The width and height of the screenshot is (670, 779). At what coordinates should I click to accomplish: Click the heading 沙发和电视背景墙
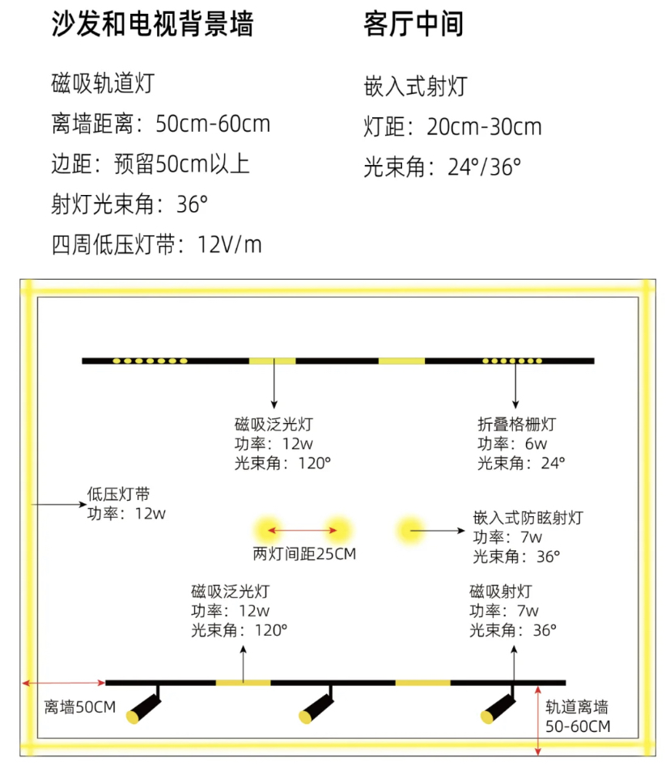pyautogui.click(x=152, y=23)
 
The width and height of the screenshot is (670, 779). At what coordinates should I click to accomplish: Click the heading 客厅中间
pyautogui.click(x=413, y=23)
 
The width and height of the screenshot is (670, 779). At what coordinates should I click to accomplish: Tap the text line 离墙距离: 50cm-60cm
pyautogui.click(x=160, y=124)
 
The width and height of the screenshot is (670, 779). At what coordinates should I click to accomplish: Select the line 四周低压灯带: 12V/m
pyautogui.click(x=156, y=244)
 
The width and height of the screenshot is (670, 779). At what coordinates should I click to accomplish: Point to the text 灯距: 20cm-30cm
pyautogui.click(x=452, y=127)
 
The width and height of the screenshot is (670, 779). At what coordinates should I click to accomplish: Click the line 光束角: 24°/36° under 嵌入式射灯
pyautogui.click(x=443, y=167)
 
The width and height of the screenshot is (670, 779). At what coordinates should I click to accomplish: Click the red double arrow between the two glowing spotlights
pyautogui.click(x=303, y=530)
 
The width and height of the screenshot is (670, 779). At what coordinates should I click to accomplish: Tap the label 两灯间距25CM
pyautogui.click(x=304, y=553)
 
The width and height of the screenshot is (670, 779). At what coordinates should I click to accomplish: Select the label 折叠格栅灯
pyautogui.click(x=516, y=424)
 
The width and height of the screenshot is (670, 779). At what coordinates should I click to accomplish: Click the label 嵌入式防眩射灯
pyautogui.click(x=528, y=518)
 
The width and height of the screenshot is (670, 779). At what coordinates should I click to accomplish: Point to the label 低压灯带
pyautogui.click(x=118, y=493)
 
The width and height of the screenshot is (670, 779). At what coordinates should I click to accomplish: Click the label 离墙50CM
pyautogui.click(x=79, y=706)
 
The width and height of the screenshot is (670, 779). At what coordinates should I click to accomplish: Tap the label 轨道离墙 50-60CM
pyautogui.click(x=578, y=717)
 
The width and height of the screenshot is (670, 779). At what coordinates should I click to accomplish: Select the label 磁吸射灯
pyautogui.click(x=501, y=591)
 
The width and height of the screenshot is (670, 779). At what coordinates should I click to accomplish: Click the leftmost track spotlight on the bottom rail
pyautogui.click(x=143, y=705)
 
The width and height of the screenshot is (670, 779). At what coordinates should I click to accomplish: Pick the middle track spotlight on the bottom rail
pyautogui.click(x=316, y=705)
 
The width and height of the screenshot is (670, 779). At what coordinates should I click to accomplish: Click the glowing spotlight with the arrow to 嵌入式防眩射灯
pyautogui.click(x=410, y=531)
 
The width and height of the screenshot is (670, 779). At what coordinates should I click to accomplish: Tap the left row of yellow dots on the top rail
pyautogui.click(x=151, y=361)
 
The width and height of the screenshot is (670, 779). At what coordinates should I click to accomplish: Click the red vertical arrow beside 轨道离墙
pyautogui.click(x=537, y=721)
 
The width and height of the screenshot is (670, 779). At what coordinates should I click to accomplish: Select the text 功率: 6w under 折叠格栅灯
pyautogui.click(x=512, y=443)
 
